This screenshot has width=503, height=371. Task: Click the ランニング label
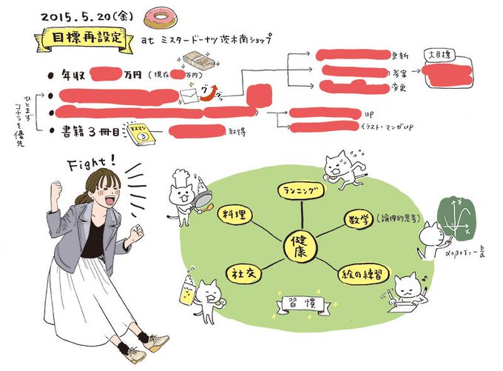302,191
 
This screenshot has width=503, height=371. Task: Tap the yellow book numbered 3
140,133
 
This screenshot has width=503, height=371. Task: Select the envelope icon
191,94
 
